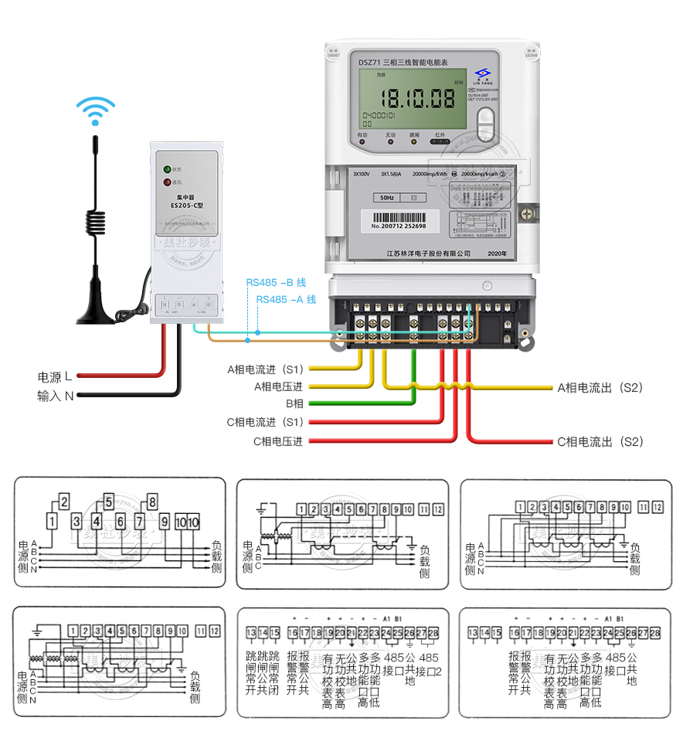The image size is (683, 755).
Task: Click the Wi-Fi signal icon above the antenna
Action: click(95, 110)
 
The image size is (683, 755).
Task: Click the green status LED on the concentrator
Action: click(166, 168)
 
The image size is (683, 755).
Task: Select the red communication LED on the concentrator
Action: click(166, 182)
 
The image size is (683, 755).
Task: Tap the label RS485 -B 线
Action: click(276, 283)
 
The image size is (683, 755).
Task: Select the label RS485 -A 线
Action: click(286, 299)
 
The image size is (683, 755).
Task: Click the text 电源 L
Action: click(55, 377)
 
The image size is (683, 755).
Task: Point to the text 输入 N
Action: click(55, 396)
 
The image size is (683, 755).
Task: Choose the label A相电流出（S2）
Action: click(600, 387)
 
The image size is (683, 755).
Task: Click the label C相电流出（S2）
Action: click(600, 442)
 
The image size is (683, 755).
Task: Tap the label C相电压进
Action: click(277, 441)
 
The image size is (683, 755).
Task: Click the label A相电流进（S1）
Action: click(266, 369)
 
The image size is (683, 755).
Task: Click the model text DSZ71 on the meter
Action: click(369, 62)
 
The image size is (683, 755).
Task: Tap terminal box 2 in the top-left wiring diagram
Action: click(64, 501)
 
